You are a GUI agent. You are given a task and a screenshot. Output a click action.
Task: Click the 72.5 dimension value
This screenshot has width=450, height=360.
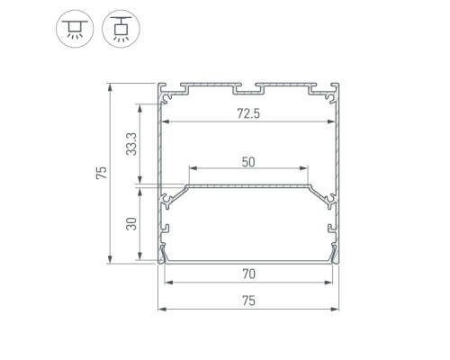248,113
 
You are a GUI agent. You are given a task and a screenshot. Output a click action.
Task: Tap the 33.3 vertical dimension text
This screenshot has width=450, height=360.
131,144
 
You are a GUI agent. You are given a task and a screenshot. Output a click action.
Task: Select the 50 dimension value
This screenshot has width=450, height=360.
248,162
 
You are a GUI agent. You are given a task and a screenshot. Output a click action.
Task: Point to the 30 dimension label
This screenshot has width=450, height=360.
131,224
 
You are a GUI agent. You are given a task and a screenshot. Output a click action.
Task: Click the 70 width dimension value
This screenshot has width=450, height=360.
248,274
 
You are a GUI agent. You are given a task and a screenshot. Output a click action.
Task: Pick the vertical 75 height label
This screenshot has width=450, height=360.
102,173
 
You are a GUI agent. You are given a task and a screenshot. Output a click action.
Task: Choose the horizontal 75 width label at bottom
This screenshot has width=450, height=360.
248,301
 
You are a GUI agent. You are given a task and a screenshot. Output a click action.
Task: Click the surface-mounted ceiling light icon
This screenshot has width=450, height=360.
75,29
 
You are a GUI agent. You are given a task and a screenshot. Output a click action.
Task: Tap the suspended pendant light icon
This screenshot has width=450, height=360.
121,29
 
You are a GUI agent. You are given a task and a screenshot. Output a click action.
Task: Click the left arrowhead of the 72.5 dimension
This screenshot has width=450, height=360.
166,121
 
